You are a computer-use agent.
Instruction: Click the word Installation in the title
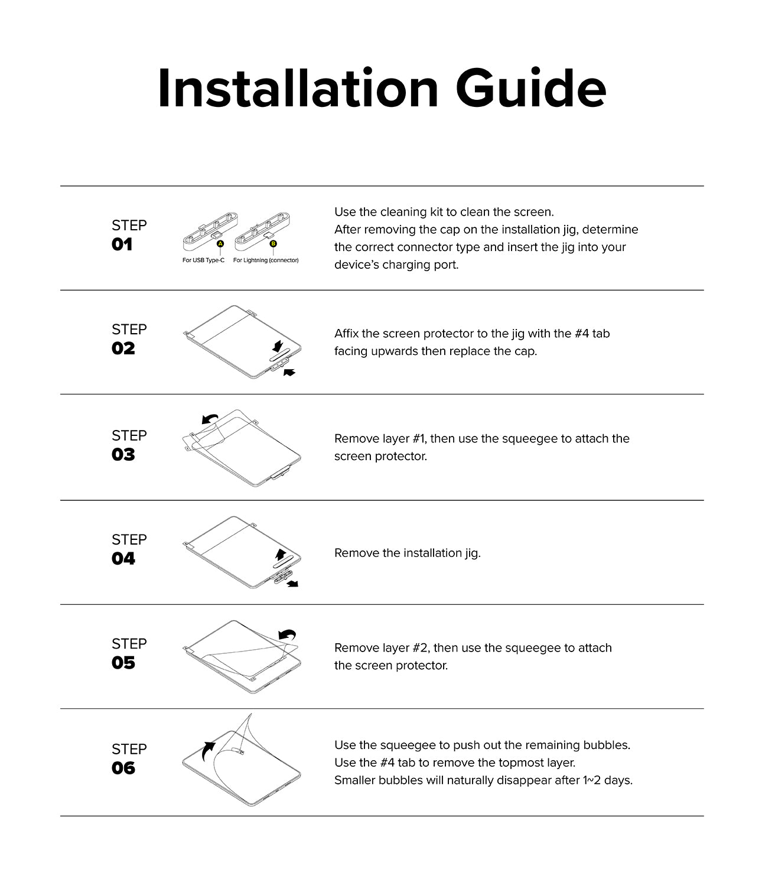tap(298, 89)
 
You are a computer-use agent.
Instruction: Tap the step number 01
tap(122, 245)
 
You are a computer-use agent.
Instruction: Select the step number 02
tap(123, 348)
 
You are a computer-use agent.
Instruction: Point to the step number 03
tap(123, 455)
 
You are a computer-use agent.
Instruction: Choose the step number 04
tap(123, 559)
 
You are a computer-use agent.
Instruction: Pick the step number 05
tap(123, 663)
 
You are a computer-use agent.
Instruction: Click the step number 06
tap(123, 768)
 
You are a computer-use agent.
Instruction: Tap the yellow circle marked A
tap(220, 243)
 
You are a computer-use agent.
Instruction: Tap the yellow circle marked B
tap(273, 243)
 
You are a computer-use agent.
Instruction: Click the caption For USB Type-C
tap(203, 260)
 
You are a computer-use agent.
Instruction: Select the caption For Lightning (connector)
tap(266, 260)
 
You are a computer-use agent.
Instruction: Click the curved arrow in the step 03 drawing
tap(210, 418)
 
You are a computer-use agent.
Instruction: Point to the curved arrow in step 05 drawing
tap(287, 634)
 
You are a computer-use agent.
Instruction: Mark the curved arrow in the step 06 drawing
tap(208, 751)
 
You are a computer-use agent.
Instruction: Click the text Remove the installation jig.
tap(407, 553)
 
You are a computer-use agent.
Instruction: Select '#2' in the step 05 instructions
tap(419, 647)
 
